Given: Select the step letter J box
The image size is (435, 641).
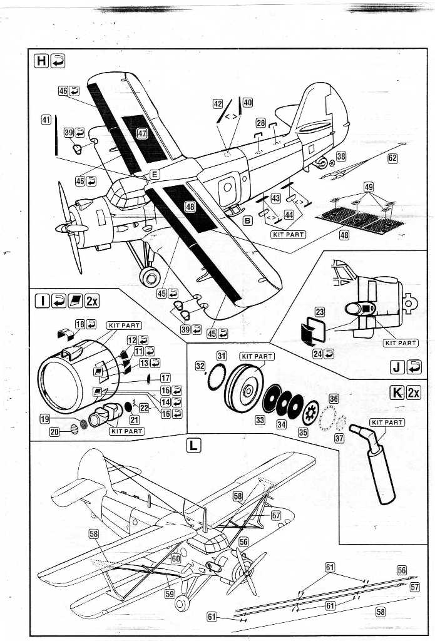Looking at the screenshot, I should pos(396,366).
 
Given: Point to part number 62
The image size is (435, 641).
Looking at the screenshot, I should pos(392,158).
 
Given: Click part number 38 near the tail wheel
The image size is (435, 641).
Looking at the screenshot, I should pos(340,156).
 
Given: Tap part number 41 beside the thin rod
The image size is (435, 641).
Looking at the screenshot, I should pos(46,119).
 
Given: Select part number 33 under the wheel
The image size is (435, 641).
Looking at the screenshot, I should pos(260,420).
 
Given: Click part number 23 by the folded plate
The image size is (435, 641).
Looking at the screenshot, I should pos(319,311).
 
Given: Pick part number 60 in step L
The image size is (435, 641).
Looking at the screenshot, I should pos(176,558).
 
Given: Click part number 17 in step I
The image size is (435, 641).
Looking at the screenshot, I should pos(165,378).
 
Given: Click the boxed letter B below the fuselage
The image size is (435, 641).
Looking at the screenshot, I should pos(248,220).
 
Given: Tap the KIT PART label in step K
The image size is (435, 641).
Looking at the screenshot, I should pos(387,423).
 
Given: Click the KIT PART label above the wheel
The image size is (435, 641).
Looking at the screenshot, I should pos(257,356).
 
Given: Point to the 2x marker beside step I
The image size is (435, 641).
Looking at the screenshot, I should pos(91,301).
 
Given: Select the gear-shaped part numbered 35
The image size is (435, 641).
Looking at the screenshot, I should pos(308,414).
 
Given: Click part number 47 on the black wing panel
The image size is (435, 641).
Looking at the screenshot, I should pos(142,133).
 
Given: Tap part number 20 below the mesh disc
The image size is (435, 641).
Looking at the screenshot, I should pos(54,431).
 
